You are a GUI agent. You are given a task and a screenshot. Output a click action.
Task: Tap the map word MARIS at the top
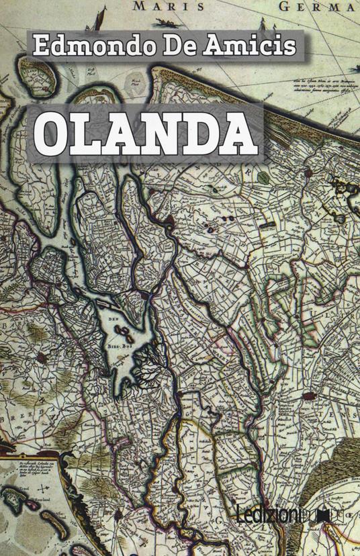(x=160, y=7)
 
